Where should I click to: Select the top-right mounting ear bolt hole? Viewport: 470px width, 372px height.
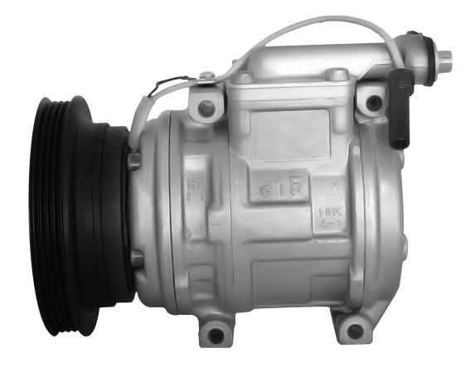click(x=374, y=104)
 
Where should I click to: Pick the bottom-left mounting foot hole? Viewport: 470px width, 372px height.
click(x=216, y=335)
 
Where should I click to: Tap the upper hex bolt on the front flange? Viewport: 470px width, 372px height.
click(x=134, y=160)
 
